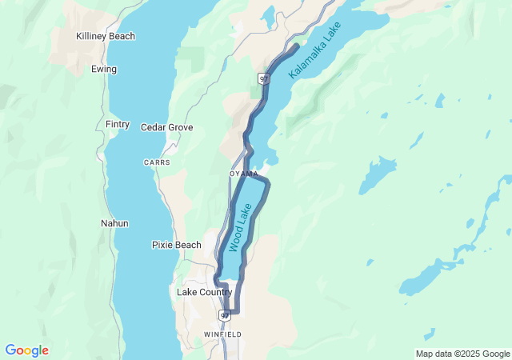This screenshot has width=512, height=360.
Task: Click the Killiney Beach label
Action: (106, 36)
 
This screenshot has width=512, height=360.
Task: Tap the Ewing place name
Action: (104, 69)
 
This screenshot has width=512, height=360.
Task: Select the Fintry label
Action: (118, 124)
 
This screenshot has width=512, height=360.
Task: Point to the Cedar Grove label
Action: (166, 127)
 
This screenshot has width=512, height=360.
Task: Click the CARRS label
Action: (157, 162)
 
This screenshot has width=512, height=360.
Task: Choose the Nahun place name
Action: (114, 223)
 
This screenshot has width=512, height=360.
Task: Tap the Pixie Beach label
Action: (176, 244)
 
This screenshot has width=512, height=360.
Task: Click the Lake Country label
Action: (204, 292)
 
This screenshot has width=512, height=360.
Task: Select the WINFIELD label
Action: (222, 334)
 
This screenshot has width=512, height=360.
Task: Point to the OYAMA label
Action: (243, 174)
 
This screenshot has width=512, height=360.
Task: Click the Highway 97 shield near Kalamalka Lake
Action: (263, 78)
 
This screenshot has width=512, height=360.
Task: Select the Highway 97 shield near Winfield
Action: (226, 314)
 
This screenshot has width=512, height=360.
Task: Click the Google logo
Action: (26, 350)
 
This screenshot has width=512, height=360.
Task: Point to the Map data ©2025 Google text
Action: (462, 354)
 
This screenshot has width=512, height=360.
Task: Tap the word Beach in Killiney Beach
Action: (122, 36)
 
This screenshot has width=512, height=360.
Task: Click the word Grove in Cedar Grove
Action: (180, 127)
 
